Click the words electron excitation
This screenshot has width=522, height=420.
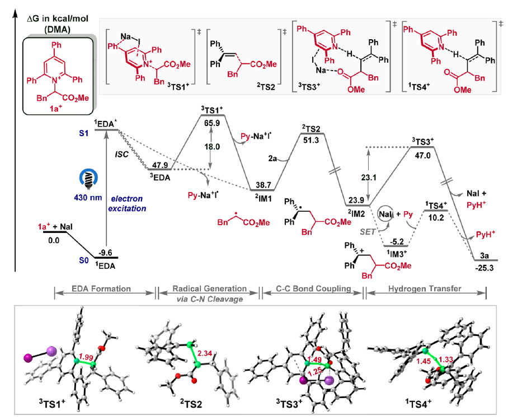[131, 202]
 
